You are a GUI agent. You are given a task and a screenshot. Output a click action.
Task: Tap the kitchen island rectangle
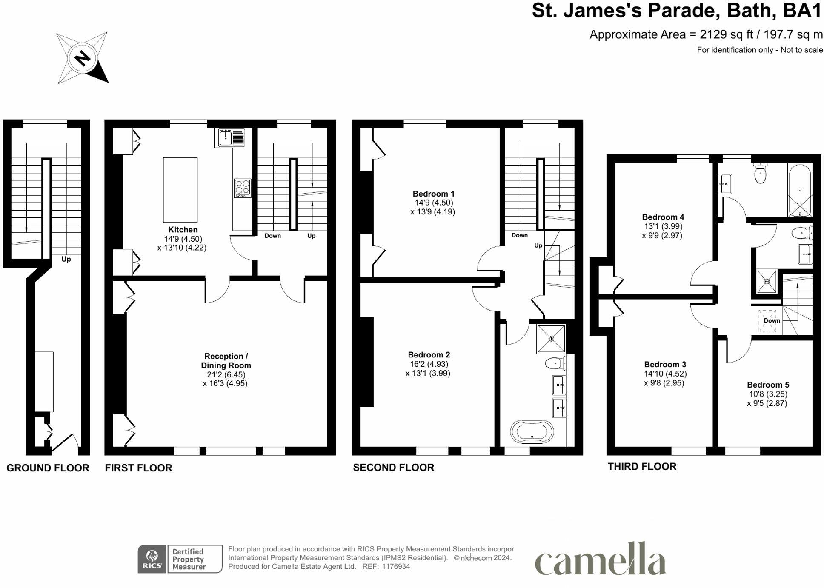(180, 189)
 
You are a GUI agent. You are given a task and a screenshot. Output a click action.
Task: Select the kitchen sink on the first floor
(232, 138)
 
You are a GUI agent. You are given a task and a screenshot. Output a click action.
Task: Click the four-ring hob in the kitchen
(243, 188)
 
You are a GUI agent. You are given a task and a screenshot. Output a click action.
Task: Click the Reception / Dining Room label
(226, 361)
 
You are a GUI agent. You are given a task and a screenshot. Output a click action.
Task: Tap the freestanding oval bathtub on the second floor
(532, 432)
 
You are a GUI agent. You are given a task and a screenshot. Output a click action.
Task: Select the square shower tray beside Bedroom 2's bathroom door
(551, 339)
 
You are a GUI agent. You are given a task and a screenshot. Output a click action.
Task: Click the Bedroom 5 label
(768, 385)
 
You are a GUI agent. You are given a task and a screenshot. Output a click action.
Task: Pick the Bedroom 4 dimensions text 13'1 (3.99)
(663, 226)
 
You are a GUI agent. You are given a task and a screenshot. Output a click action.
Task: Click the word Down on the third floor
(772, 320)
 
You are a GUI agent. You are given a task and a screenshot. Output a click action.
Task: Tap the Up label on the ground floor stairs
(66, 259)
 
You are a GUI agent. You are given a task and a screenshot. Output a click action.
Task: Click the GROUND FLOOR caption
(48, 468)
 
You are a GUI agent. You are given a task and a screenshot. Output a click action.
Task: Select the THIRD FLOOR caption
(642, 467)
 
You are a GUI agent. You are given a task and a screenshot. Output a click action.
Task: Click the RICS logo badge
(152, 559)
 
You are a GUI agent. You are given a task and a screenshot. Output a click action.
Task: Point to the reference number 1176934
(396, 567)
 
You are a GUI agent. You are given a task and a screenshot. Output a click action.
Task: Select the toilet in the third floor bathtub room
(760, 173)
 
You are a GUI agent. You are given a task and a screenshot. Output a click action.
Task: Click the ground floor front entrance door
(65, 443)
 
